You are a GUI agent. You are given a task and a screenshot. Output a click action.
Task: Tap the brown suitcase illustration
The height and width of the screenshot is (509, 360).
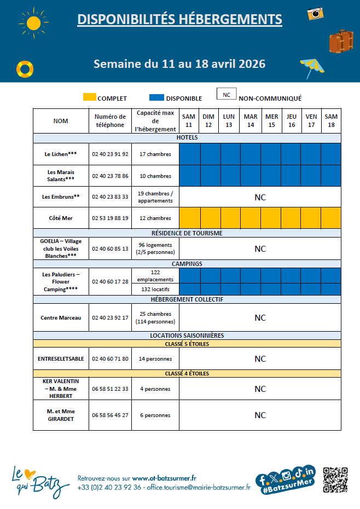341,41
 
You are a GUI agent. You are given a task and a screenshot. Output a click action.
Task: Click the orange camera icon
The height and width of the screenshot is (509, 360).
315,14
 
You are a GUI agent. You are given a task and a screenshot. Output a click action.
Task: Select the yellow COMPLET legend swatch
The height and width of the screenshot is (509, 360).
89,97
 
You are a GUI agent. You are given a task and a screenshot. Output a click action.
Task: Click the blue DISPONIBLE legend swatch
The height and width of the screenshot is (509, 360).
157,97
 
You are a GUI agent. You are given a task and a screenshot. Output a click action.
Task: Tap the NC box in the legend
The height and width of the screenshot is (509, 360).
226,95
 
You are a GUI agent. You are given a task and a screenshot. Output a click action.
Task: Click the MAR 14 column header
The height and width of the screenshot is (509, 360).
251,120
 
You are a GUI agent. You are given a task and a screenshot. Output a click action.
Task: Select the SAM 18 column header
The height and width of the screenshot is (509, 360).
331,120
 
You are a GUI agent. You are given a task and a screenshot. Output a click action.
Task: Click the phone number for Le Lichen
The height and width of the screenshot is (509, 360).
111,154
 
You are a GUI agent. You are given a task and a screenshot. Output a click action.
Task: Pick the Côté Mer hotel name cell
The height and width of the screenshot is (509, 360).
61,218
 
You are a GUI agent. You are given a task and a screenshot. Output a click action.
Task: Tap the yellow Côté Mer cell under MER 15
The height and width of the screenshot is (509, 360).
271,218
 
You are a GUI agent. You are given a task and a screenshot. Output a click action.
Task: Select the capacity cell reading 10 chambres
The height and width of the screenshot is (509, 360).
155,176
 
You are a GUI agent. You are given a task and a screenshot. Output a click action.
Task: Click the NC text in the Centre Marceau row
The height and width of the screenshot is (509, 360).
260,317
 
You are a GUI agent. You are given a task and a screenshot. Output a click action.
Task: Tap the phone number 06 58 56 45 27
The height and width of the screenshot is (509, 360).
111,415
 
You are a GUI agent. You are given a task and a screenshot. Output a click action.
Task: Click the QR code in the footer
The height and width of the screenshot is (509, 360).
335,480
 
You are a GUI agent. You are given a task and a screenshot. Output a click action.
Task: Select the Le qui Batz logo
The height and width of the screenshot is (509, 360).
40,480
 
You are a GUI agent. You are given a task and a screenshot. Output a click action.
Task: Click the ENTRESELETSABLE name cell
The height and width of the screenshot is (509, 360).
61,359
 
